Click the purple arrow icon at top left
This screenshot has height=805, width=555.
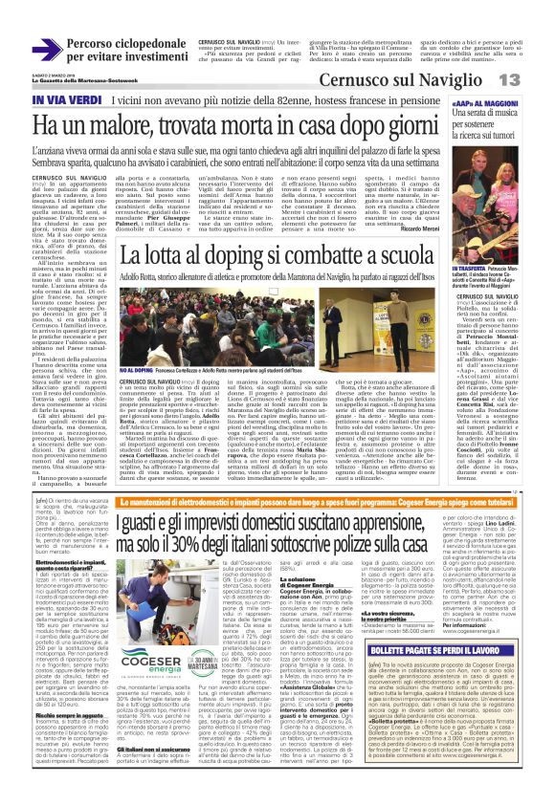coord(48,50)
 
